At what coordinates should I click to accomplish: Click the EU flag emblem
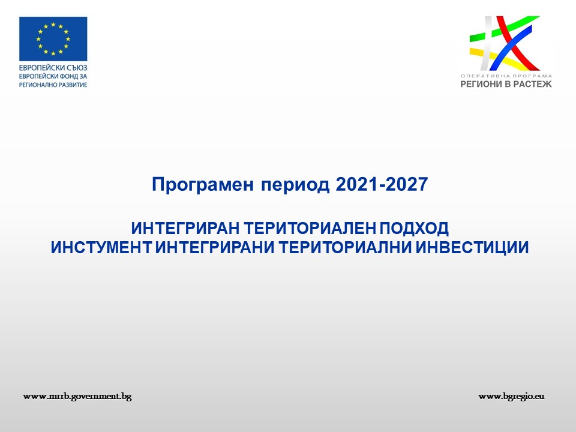pyautogui.click(x=53, y=38)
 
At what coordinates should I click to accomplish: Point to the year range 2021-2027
pyautogui.click(x=382, y=184)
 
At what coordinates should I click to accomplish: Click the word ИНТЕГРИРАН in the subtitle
pyautogui.click(x=185, y=229)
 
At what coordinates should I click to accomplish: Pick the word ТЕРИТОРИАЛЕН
pyautogui.click(x=310, y=229)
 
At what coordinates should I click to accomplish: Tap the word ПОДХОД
pyautogui.click(x=414, y=229)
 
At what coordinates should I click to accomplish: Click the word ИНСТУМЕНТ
pyautogui.click(x=101, y=248)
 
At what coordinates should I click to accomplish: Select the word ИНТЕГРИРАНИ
pyautogui.click(x=215, y=248)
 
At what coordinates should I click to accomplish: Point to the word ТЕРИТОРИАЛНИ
pyautogui.click(x=346, y=248)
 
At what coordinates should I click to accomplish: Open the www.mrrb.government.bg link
pyautogui.click(x=77, y=397)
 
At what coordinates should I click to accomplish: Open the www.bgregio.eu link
pyautogui.click(x=511, y=397)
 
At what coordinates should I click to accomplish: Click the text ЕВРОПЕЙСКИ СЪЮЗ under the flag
pyautogui.click(x=53, y=68)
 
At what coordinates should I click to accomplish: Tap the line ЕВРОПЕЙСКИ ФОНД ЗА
pyautogui.click(x=53, y=76)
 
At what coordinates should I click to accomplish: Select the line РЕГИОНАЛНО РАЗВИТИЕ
pyautogui.click(x=53, y=85)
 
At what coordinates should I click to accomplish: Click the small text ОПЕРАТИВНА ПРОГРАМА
pyautogui.click(x=506, y=76)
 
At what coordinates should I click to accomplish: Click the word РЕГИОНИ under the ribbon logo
pyautogui.click(x=481, y=84)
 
